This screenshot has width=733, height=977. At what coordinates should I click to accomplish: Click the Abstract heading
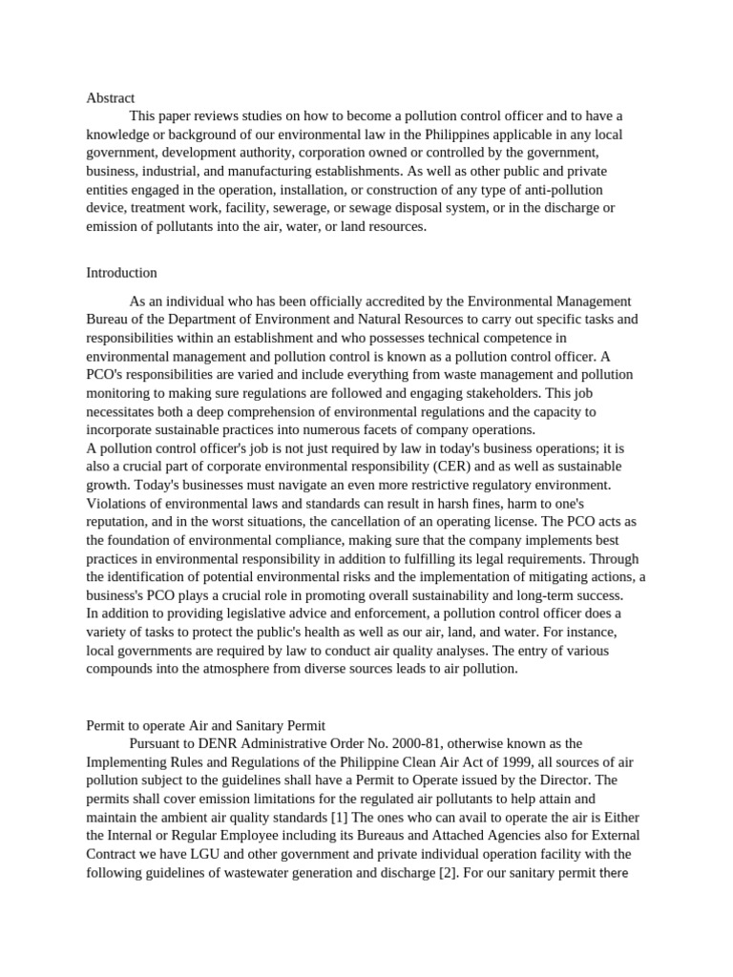pos(110,98)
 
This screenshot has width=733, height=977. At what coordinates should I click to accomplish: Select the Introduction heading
pos(121,273)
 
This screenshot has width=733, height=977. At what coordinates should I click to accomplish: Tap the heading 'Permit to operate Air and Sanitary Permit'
pos(205,725)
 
